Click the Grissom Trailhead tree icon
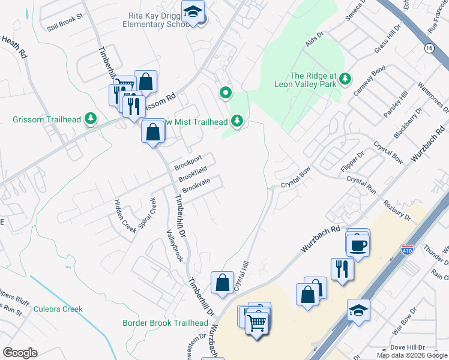[x=91, y=119]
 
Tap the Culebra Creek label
[x=58, y=309]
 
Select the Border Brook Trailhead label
[x=165, y=323]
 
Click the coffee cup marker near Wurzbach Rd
[x=358, y=245]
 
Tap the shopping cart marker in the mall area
[x=257, y=324]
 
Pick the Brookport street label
[x=188, y=162]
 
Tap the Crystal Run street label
[x=361, y=184]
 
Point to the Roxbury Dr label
[x=397, y=210]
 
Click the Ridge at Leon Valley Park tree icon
[x=345, y=79]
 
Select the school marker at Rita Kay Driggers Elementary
[x=193, y=12]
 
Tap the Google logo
[x=20, y=353]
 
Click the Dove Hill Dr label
[x=407, y=347]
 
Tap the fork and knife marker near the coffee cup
[x=343, y=269]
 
